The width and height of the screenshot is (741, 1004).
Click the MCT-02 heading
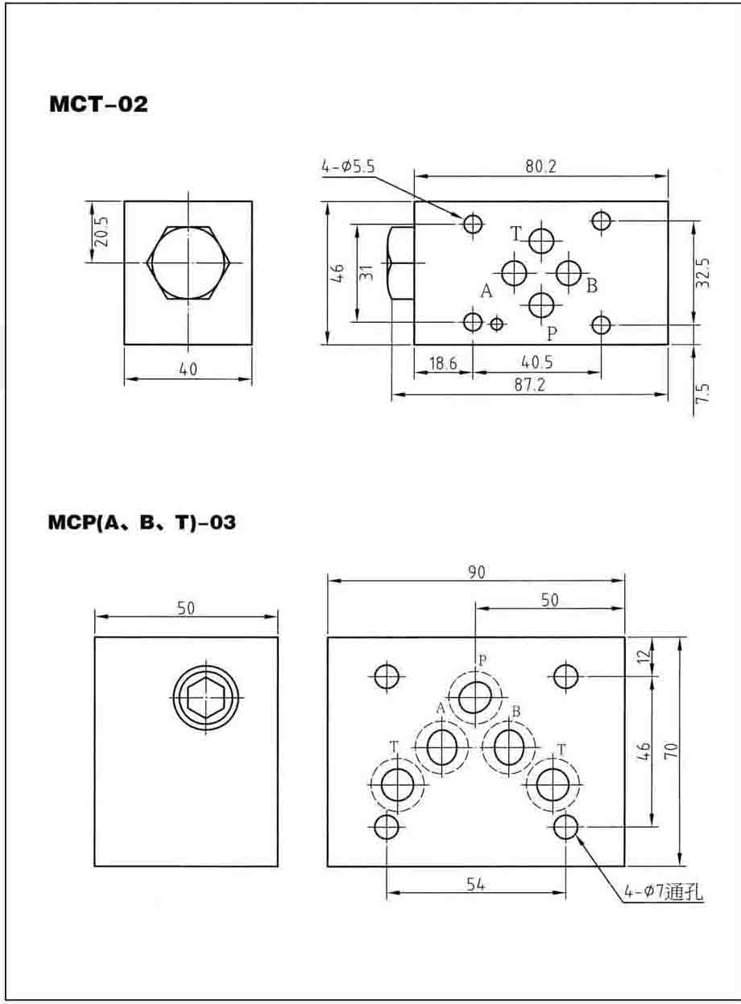tap(98, 104)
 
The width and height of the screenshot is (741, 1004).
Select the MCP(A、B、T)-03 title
tap(142, 523)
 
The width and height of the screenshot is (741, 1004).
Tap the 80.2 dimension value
tap(540, 167)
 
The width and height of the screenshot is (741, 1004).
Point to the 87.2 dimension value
tap(529, 385)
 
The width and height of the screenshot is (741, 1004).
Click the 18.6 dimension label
tap(443, 363)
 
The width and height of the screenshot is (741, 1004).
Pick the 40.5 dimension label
tap(536, 362)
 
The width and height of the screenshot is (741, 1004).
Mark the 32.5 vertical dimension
tap(703, 273)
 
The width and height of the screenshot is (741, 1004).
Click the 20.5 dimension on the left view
tap(103, 231)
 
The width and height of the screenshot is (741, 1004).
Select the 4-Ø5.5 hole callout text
tap(348, 167)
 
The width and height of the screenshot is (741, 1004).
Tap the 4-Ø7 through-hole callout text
tap(664, 892)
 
